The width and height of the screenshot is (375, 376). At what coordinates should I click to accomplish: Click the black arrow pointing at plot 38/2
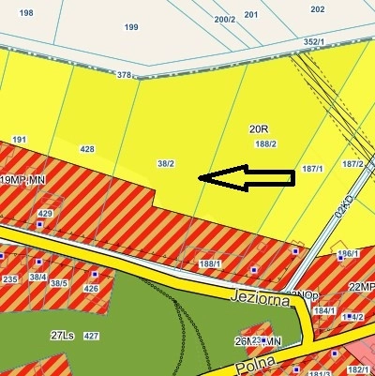pyautogui.click(x=247, y=177)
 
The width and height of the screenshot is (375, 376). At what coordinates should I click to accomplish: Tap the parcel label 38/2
pyautogui.click(x=166, y=163)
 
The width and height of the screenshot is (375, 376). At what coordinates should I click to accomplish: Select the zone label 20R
pyautogui.click(x=259, y=128)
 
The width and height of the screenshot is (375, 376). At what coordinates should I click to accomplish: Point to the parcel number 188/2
pyautogui.click(x=265, y=143)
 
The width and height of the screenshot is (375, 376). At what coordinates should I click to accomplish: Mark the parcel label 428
pyautogui.click(x=87, y=149)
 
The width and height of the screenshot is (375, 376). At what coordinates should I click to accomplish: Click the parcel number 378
pyautogui.click(x=124, y=74)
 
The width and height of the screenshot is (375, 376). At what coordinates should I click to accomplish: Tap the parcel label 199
pyautogui.click(x=131, y=27)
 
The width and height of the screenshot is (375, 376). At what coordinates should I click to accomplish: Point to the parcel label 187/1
pyautogui.click(x=312, y=169)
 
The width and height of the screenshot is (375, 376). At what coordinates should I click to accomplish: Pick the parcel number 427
pyautogui.click(x=91, y=335)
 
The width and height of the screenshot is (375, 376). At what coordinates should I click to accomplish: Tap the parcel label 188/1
pyautogui.click(x=211, y=264)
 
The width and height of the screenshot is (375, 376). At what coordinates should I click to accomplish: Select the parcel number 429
pyautogui.click(x=44, y=214)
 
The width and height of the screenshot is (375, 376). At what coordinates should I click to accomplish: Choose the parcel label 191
pyautogui.click(x=19, y=139)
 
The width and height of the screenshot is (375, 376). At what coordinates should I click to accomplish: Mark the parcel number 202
pyautogui.click(x=317, y=9)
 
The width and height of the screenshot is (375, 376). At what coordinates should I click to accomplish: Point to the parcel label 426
pyautogui.click(x=91, y=288)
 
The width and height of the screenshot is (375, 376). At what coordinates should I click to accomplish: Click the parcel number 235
pyautogui.click(x=11, y=279)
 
